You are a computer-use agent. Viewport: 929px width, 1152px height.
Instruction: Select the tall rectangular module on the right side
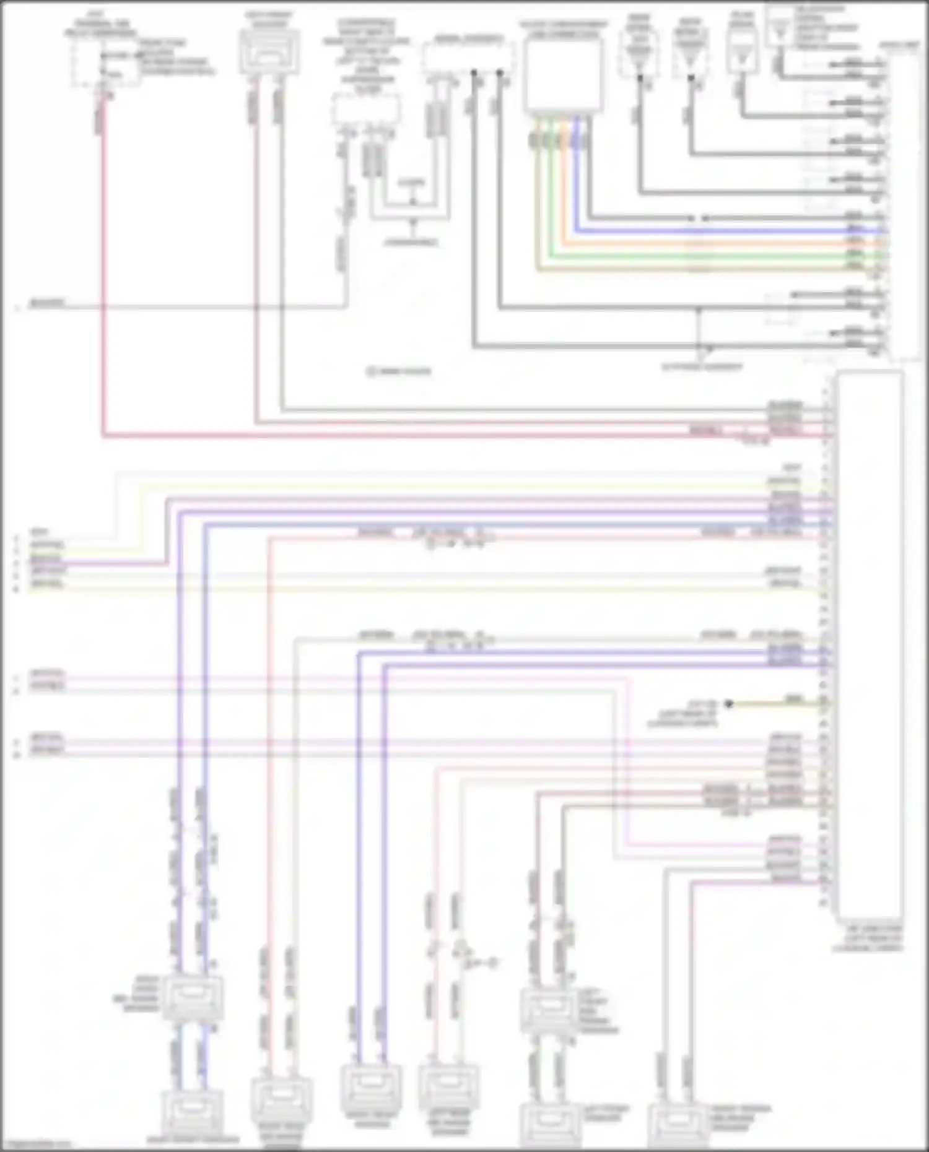868,644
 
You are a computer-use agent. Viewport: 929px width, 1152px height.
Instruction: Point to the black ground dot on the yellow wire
730,703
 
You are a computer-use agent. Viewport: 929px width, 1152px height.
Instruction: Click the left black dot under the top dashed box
474,73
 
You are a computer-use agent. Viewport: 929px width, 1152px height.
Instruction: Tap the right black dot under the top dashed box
500,73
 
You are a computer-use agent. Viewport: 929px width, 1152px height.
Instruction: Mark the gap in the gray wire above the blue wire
698,219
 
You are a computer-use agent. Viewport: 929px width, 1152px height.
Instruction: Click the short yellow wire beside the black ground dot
774,704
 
